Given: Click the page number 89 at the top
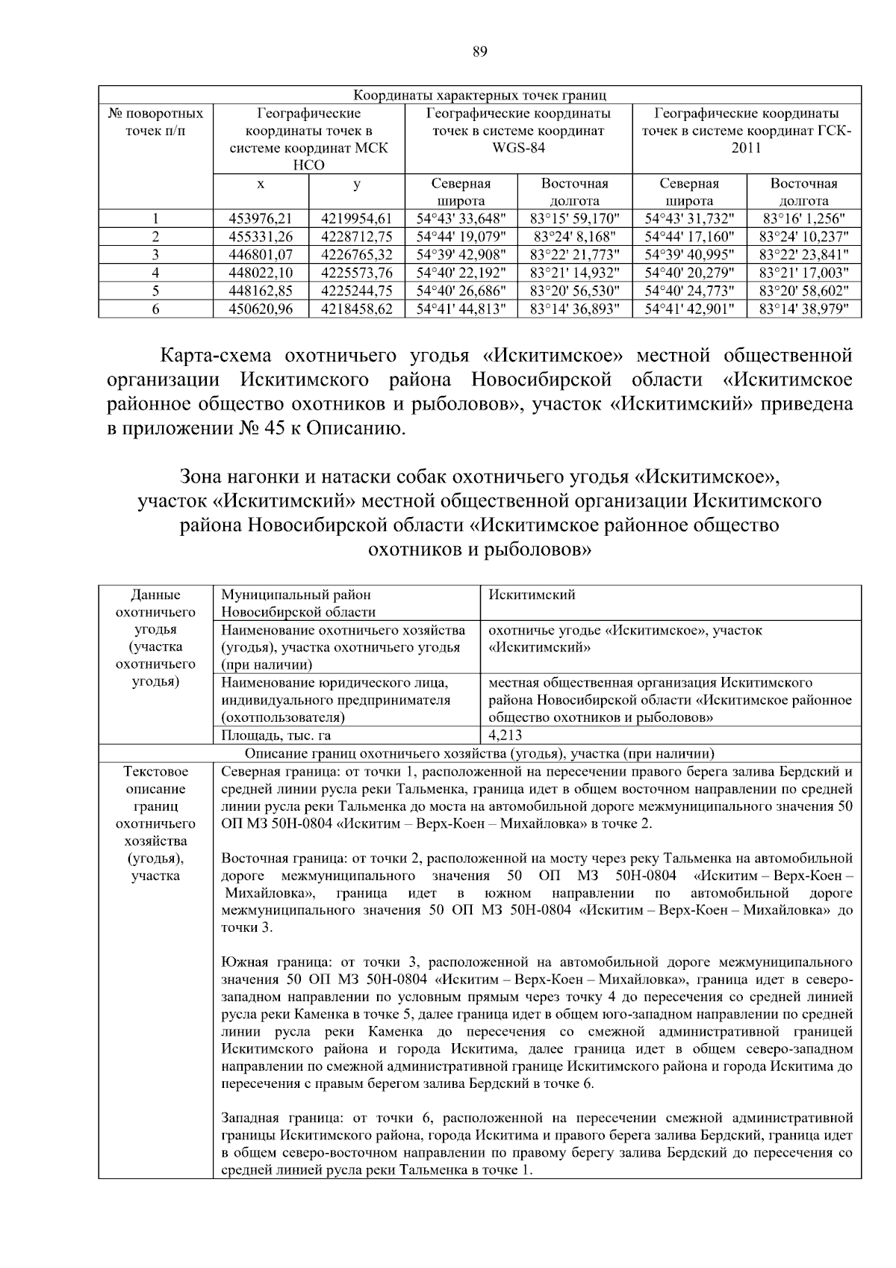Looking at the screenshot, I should point(480,51).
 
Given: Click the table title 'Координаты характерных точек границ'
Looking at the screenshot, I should point(479,96).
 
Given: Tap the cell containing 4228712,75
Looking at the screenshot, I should point(356,237).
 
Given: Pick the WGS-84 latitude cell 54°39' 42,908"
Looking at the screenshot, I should point(461,255).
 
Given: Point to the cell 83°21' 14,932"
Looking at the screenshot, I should point(574,273).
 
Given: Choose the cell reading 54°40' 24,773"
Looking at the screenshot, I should point(689,291).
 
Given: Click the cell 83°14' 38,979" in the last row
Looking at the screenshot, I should point(803,309).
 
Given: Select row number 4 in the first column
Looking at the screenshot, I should point(155,273).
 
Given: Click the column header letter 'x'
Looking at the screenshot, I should point(261,184).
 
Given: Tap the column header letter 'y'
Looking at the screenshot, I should point(356,184).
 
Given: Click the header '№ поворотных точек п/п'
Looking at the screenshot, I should point(155,123).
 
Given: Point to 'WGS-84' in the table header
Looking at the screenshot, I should point(518,148).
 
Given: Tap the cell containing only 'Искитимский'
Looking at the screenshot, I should point(532,596).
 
